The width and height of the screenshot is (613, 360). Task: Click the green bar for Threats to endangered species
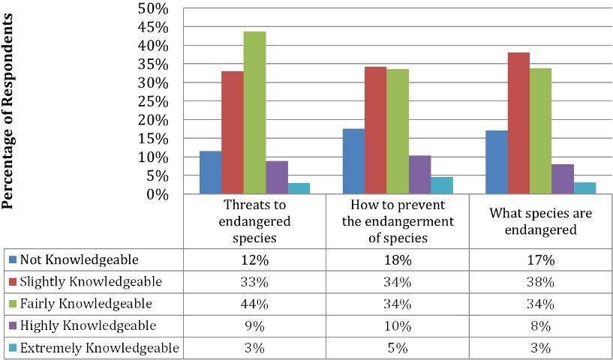254,112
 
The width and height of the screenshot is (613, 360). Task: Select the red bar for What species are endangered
518,124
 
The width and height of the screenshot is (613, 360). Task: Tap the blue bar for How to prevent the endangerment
353,161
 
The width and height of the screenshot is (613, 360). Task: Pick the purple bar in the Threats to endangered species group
276,178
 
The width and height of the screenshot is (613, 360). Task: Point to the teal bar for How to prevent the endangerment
442,185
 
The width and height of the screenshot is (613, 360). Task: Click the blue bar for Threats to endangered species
210,172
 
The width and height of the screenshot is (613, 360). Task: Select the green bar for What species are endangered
540,131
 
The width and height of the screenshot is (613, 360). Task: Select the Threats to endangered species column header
254,221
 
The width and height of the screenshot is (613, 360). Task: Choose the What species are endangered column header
540,221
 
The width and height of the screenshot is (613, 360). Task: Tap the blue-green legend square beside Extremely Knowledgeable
12,348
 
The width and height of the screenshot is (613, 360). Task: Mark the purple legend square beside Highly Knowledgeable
12,326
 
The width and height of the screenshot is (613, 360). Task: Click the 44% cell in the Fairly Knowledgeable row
254,304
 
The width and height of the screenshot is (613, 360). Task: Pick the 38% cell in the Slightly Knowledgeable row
540,283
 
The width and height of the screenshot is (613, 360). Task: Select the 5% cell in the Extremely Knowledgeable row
397,348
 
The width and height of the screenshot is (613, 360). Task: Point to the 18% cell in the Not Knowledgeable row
397,260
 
